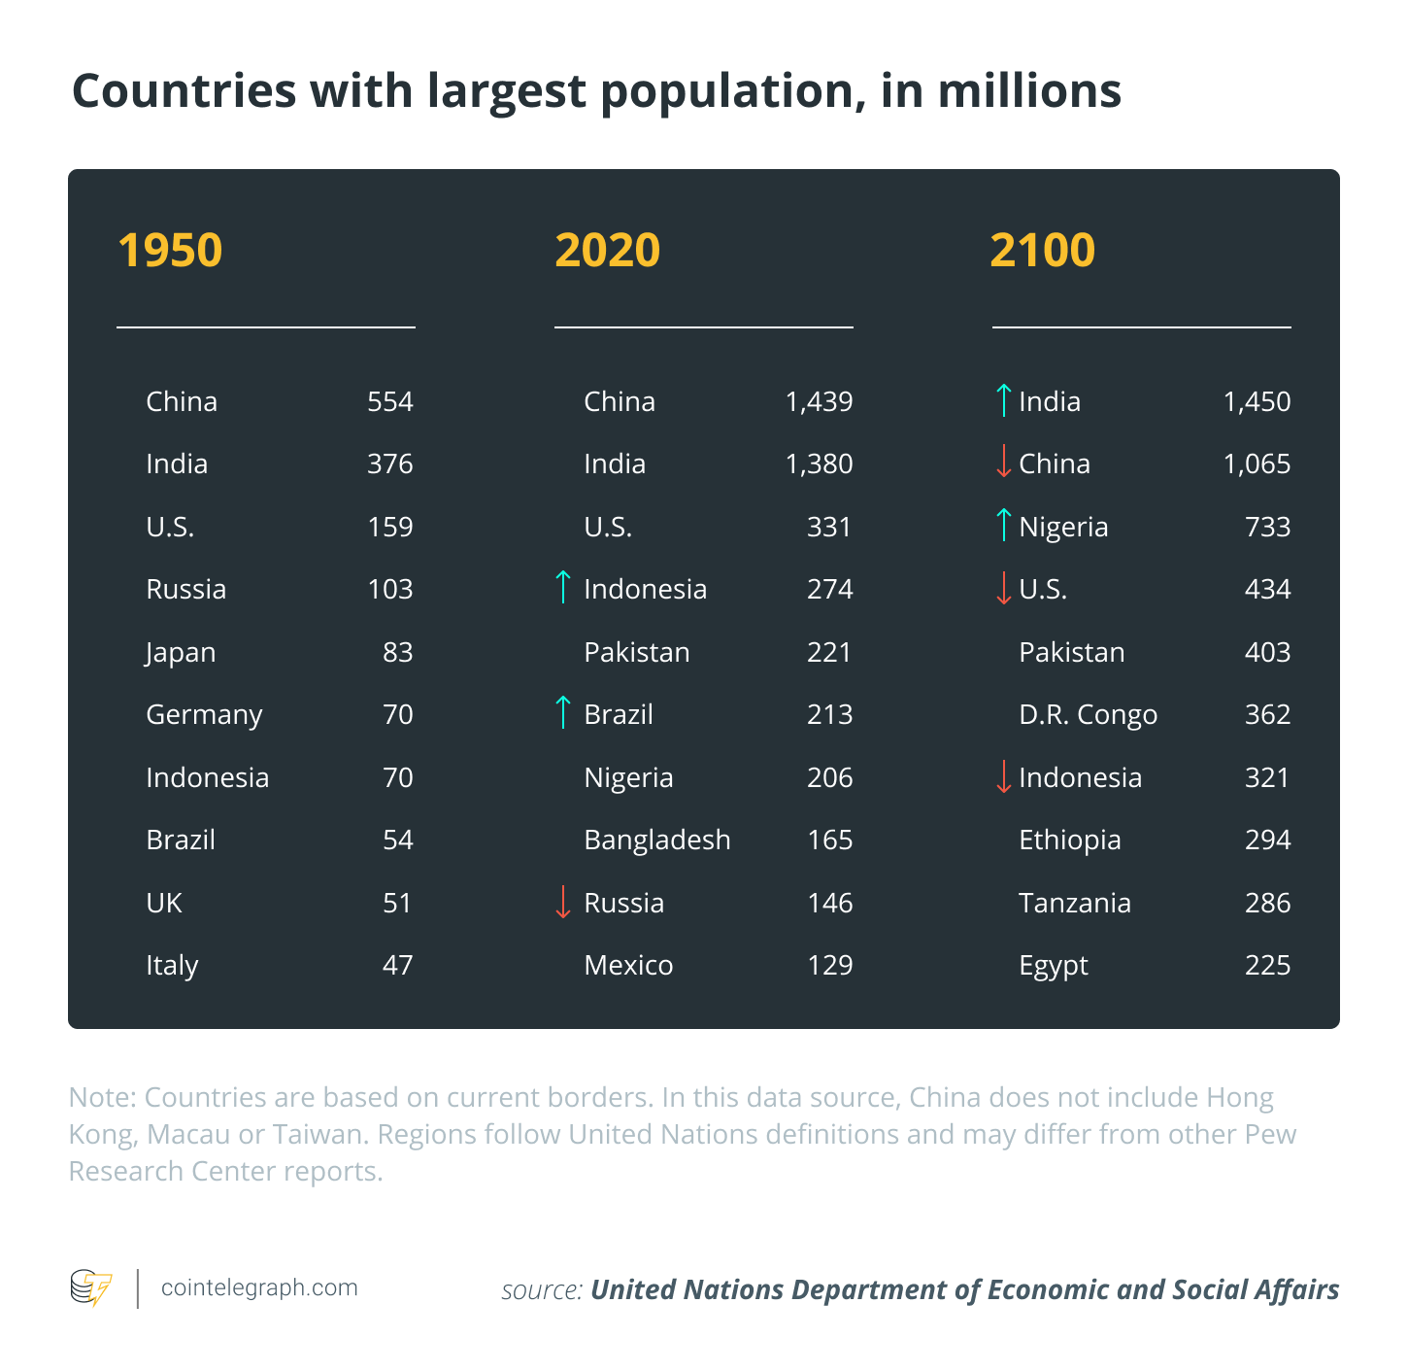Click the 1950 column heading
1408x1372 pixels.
(170, 251)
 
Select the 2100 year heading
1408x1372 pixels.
(1042, 251)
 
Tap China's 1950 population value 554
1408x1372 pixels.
(390, 402)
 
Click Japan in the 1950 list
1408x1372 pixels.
(181, 653)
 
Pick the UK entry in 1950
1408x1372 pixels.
(164, 903)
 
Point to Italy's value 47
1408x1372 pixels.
(397, 965)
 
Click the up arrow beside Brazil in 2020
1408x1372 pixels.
(563, 712)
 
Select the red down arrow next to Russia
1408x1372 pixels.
(563, 902)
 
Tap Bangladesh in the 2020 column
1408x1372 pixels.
(657, 840)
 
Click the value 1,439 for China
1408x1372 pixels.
(819, 402)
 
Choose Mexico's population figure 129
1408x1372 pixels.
(830, 965)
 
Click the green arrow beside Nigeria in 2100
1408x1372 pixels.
(1003, 524)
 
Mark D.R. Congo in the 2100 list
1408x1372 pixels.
(1089, 715)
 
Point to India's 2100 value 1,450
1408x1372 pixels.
(1257, 402)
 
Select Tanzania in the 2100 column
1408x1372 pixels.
(1075, 903)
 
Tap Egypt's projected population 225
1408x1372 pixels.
(1267, 965)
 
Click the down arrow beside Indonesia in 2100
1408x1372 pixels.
(1003, 776)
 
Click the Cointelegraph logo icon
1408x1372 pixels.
(91, 1288)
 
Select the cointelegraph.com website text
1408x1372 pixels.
(259, 1288)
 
